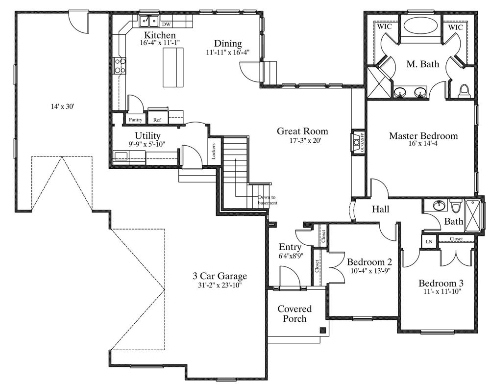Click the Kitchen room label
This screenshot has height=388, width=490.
click(159, 35)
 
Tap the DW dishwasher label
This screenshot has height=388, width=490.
click(166, 24)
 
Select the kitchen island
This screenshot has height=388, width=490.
click(173, 67)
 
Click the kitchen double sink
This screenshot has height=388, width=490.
click(149, 22)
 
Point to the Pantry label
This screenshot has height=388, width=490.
click(136, 120)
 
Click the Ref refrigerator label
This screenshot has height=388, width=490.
click(157, 120)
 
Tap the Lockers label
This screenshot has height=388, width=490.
click(214, 152)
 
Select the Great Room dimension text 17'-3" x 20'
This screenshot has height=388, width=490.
click(302, 140)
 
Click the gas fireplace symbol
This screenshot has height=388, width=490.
click(357, 142)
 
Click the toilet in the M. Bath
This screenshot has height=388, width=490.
click(464, 90)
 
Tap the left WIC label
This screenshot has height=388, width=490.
click(384, 26)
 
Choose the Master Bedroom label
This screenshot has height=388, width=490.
click(423, 136)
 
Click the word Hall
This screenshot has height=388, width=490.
click(380, 209)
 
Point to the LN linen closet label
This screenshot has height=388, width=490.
click(429, 241)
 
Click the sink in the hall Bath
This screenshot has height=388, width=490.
click(440, 206)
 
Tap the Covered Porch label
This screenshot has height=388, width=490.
click(294, 313)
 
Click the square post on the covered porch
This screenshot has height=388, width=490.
click(322, 330)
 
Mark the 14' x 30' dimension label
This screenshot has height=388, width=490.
click(62, 107)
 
